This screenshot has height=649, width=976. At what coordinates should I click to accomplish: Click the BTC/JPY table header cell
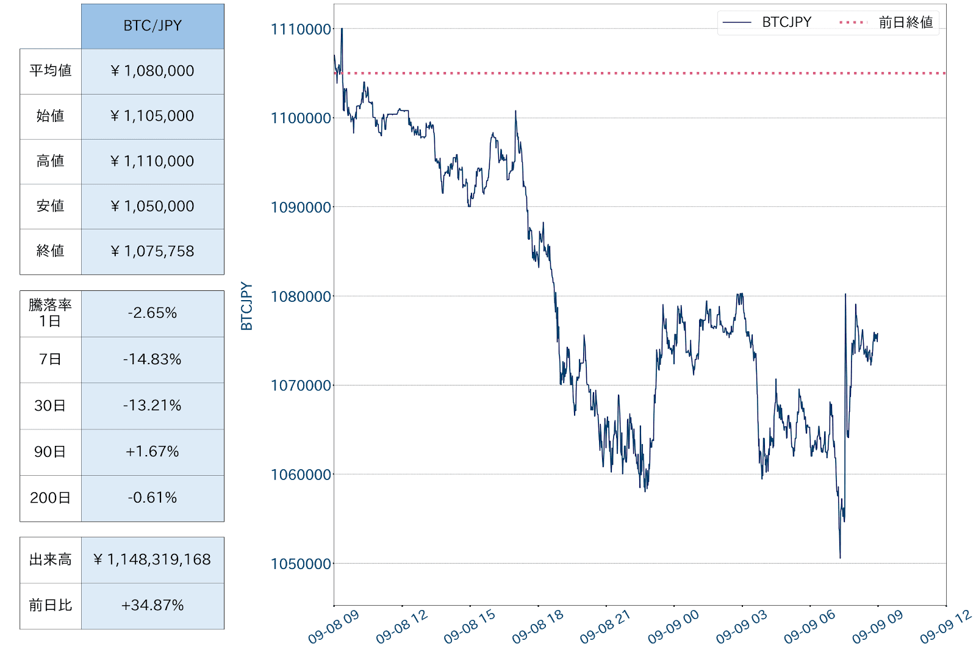point(152,26)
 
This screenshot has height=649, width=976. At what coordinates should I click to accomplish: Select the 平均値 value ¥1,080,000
point(152,71)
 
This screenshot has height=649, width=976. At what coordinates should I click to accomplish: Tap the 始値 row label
point(51,116)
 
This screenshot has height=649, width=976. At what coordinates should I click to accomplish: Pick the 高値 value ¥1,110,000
point(152,161)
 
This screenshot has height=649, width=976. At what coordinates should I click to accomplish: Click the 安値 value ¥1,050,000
point(152,206)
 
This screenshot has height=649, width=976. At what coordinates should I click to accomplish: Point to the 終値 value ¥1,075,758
point(152,251)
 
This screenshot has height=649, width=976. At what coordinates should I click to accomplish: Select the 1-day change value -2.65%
point(152,313)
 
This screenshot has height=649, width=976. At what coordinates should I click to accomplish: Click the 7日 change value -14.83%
point(152,359)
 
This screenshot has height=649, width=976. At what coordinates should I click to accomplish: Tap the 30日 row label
point(51,406)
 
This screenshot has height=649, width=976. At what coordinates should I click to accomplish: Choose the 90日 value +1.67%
point(152,452)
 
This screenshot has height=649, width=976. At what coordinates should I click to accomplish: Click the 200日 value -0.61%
point(152,498)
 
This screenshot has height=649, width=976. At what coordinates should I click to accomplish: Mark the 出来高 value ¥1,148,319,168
point(152,559)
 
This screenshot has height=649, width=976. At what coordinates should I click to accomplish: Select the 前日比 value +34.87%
point(152,605)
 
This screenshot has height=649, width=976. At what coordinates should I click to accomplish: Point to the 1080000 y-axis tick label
point(301,297)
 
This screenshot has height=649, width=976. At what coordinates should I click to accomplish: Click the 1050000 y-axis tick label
point(301,564)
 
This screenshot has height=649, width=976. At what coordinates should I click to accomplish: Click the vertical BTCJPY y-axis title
point(246,306)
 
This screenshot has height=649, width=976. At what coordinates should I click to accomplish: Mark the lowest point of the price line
point(840,558)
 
